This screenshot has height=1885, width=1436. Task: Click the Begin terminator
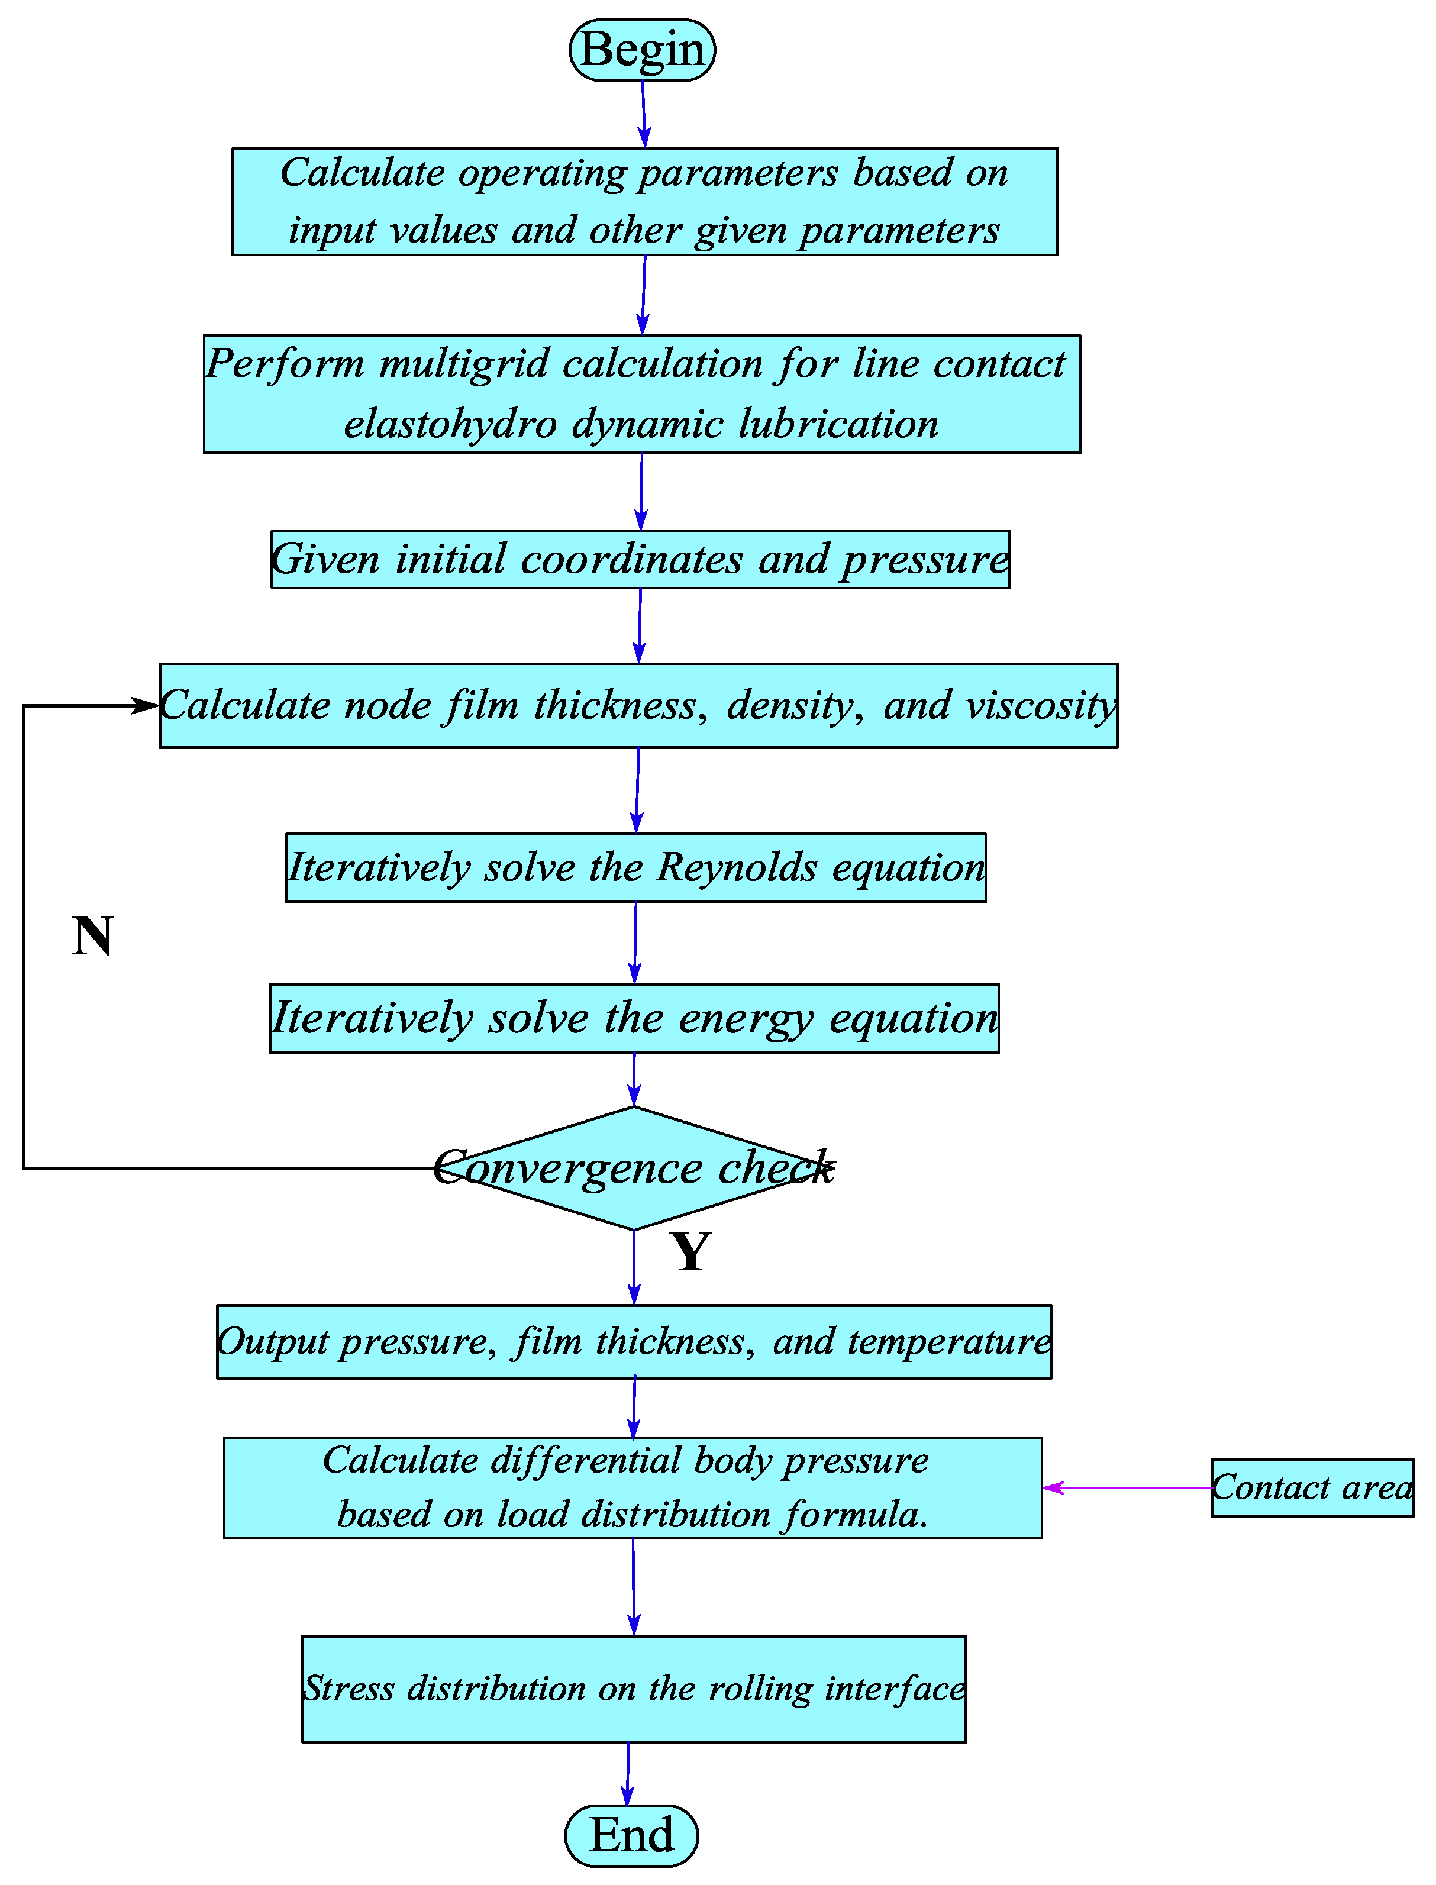click(x=642, y=50)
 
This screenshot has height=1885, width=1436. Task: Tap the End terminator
click(x=632, y=1835)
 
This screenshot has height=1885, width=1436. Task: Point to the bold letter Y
click(x=690, y=1252)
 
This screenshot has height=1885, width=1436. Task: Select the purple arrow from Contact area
click(x=1128, y=1487)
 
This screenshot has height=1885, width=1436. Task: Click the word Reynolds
click(x=737, y=868)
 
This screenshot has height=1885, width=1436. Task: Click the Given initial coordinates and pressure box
click(x=640, y=560)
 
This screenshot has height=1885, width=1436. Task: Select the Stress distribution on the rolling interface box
click(x=633, y=1689)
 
